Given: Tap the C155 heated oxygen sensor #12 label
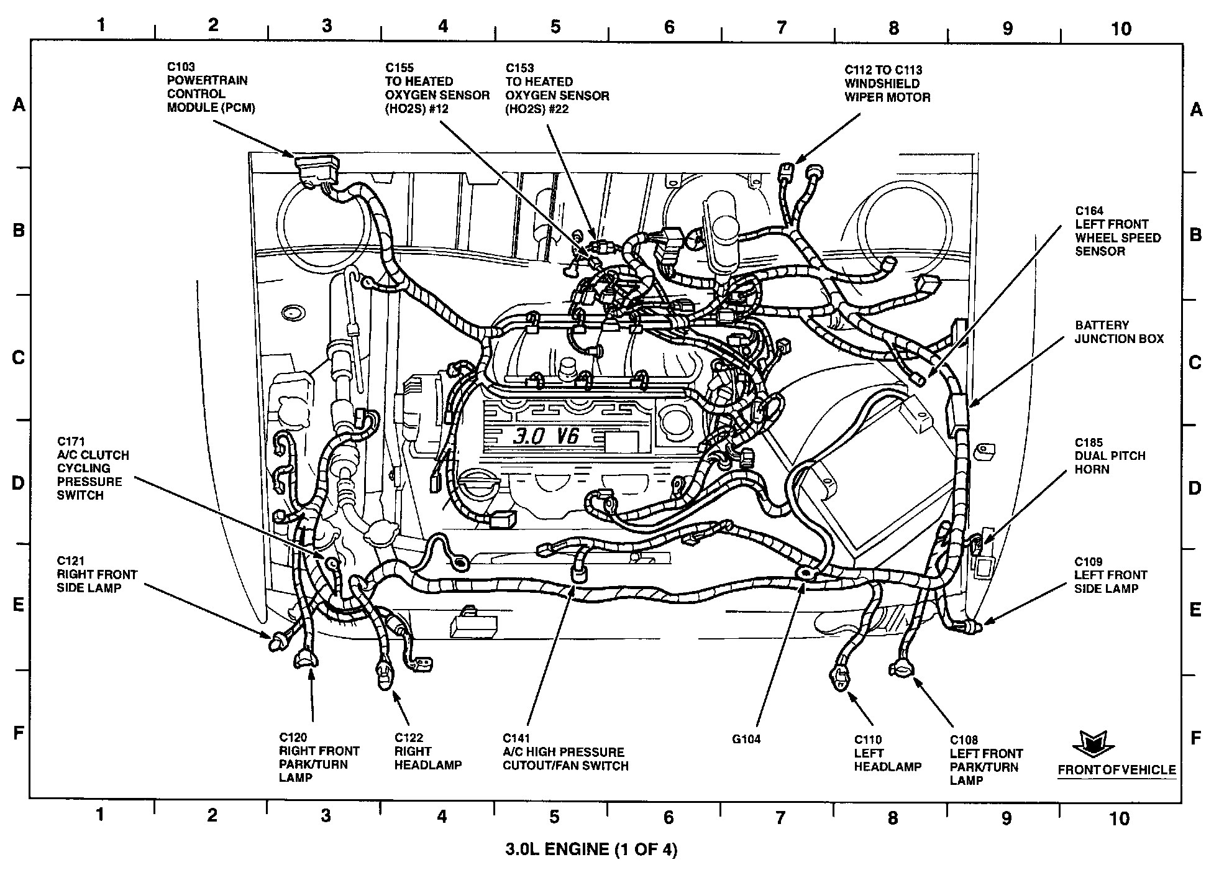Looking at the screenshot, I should (x=437, y=88).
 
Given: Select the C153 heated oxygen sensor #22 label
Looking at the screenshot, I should (x=557, y=88).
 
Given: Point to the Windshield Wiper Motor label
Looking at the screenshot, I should (x=887, y=84).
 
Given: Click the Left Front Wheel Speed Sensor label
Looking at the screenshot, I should (x=1118, y=231).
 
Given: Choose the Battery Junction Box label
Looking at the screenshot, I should (x=1119, y=332).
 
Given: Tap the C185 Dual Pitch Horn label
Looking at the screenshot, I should (x=1110, y=456).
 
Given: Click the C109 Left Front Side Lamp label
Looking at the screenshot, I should (x=1110, y=575).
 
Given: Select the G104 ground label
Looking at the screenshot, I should (x=746, y=740).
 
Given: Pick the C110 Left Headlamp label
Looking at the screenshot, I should (x=887, y=753).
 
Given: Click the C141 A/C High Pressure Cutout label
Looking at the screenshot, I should (x=565, y=752).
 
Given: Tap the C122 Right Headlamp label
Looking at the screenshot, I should (x=427, y=751).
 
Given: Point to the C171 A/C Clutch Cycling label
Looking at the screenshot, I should (x=93, y=469).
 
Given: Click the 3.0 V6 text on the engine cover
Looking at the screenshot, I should (x=546, y=437).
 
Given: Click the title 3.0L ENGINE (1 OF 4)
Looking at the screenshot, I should (x=590, y=850).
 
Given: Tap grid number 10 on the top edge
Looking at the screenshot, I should (x=1121, y=29).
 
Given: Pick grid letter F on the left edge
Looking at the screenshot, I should (x=19, y=733).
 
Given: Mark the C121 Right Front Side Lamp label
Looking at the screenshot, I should (x=97, y=575).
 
